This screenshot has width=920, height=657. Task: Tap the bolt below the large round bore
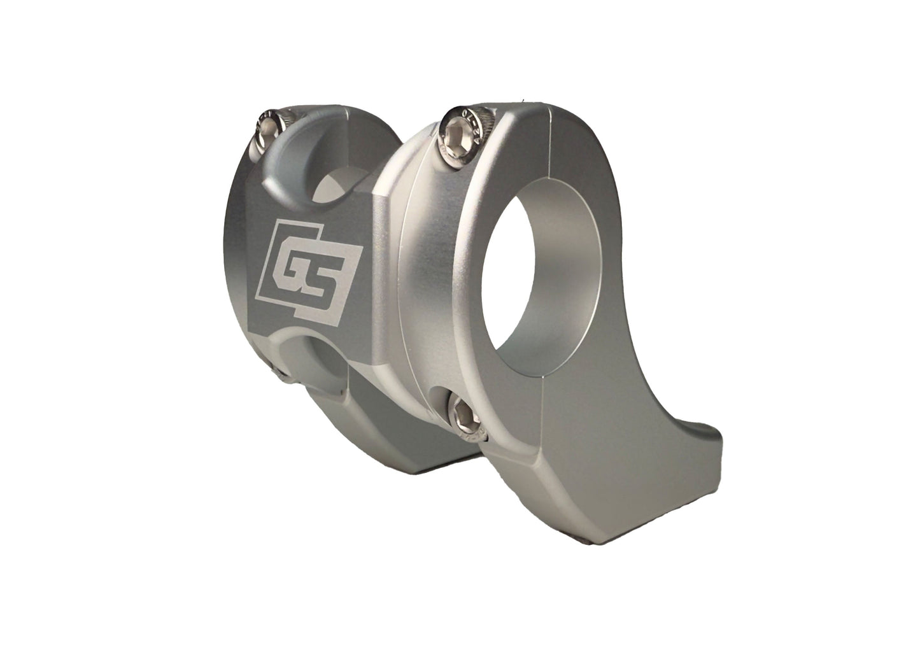click(463, 413)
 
